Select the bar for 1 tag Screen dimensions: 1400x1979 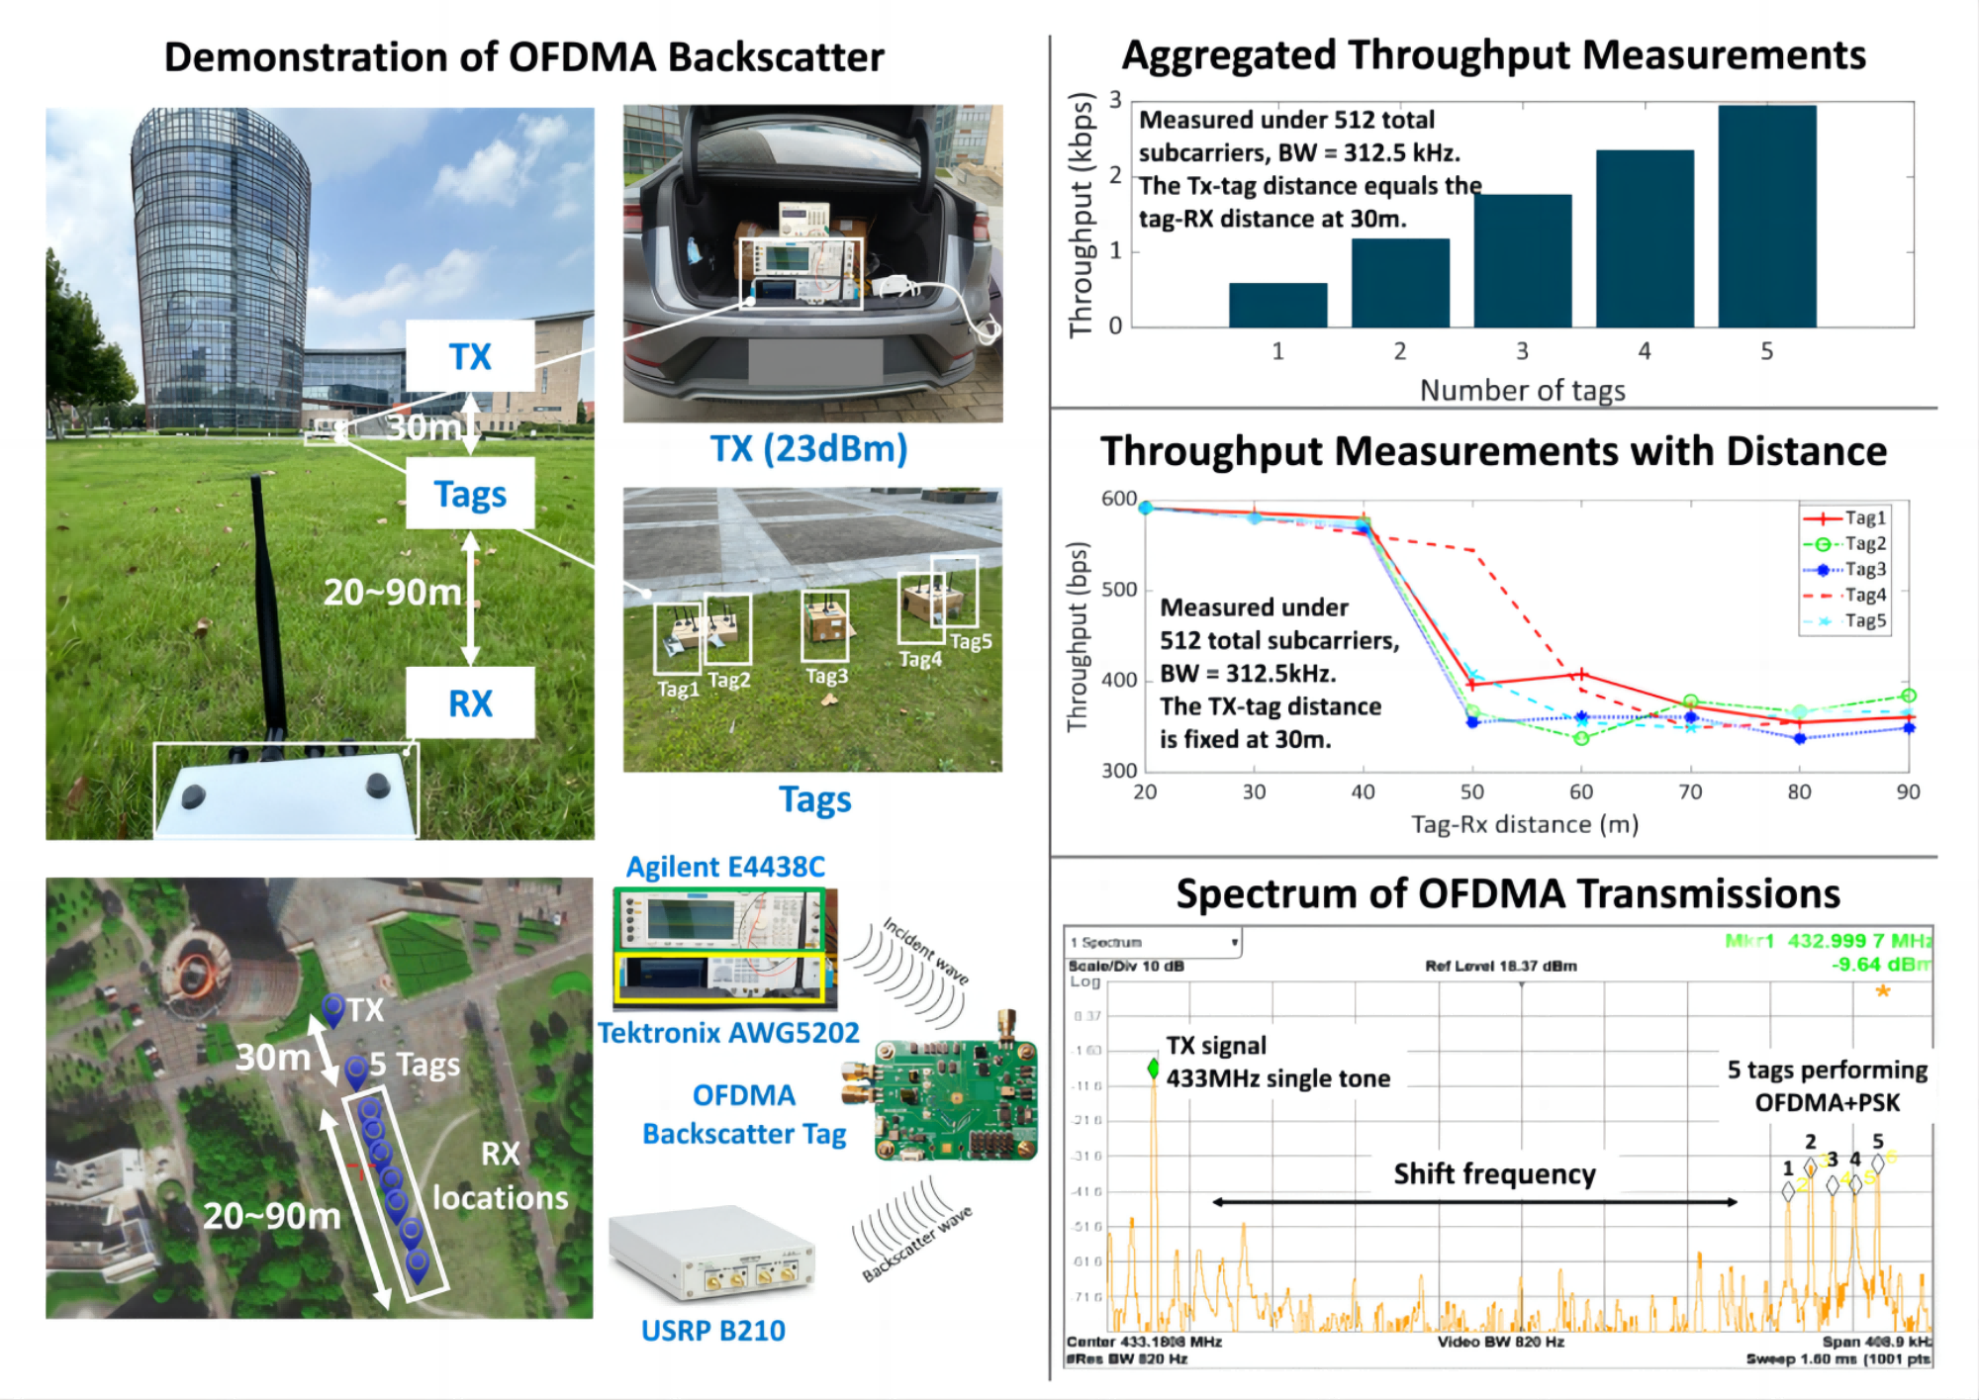click(x=1277, y=305)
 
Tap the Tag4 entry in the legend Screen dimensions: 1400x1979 click(x=1845, y=595)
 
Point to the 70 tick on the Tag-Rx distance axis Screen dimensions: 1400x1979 click(x=1690, y=792)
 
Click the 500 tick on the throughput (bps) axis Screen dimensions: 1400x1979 click(x=1119, y=590)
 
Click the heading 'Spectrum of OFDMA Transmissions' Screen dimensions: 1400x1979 click(x=1507, y=893)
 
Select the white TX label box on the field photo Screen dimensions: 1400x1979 click(x=470, y=356)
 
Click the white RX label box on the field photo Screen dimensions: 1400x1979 click(x=470, y=703)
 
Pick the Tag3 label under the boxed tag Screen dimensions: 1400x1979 click(x=826, y=676)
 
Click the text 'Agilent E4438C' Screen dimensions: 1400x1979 click(x=725, y=867)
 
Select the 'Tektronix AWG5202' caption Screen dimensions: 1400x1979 click(x=728, y=1033)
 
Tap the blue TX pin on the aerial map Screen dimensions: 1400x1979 click(x=333, y=1008)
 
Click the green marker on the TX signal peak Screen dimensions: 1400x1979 click(x=1153, y=1068)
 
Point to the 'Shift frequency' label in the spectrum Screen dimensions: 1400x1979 click(x=1494, y=1173)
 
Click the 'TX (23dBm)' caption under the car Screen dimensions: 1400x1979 click(x=808, y=448)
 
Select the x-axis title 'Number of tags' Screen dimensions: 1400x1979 click(x=1522, y=390)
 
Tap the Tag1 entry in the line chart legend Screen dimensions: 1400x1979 click(x=1845, y=517)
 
